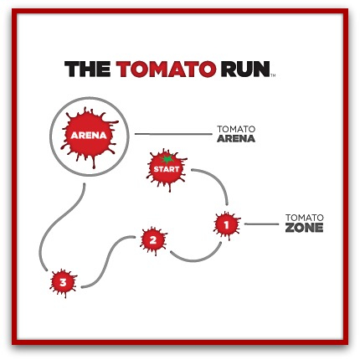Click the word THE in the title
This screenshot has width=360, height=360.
tap(87, 69)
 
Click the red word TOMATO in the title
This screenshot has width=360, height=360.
tap(166, 69)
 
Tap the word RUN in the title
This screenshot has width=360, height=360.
tap(245, 69)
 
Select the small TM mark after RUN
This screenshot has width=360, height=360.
tap(273, 75)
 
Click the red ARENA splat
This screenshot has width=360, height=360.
tap(89, 136)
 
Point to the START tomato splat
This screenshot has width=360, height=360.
tap(167, 169)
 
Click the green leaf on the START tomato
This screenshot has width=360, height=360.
tap(167, 158)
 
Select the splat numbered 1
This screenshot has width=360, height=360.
tap(227, 224)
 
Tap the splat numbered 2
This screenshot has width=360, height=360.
tap(153, 240)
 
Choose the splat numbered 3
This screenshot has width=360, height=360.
tap(63, 283)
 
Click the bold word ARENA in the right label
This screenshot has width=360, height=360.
tap(236, 139)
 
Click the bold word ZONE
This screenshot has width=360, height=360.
tap(304, 228)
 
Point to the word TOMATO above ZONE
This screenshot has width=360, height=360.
tap(305, 218)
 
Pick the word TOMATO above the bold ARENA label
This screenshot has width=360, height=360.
tap(236, 129)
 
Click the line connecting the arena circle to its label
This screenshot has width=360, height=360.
tap(173, 134)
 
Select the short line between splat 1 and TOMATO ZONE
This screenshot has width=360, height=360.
tap(261, 224)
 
